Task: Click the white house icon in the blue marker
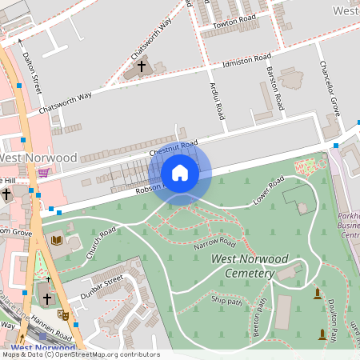tap(180, 173)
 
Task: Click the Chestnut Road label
tap(173, 148)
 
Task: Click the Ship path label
tap(227, 300)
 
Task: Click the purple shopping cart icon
tap(43, 172)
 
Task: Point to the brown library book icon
tap(56, 239)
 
